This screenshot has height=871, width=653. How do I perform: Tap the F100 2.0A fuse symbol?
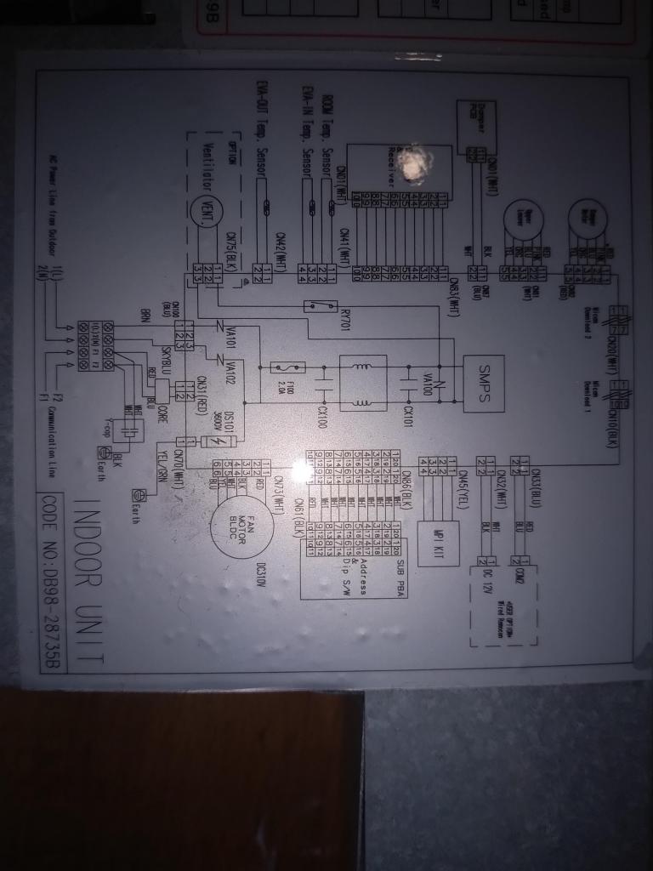pyautogui.click(x=281, y=367)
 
